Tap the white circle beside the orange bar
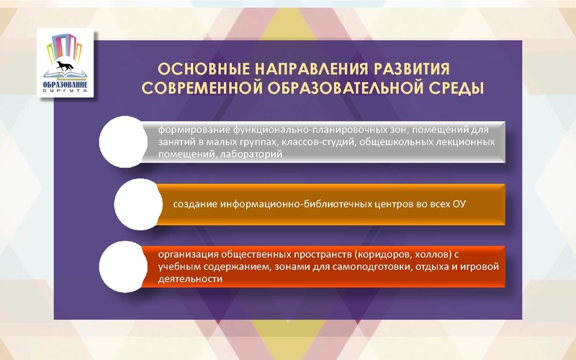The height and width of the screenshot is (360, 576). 138,203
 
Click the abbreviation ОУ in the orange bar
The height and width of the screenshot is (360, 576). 459,204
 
